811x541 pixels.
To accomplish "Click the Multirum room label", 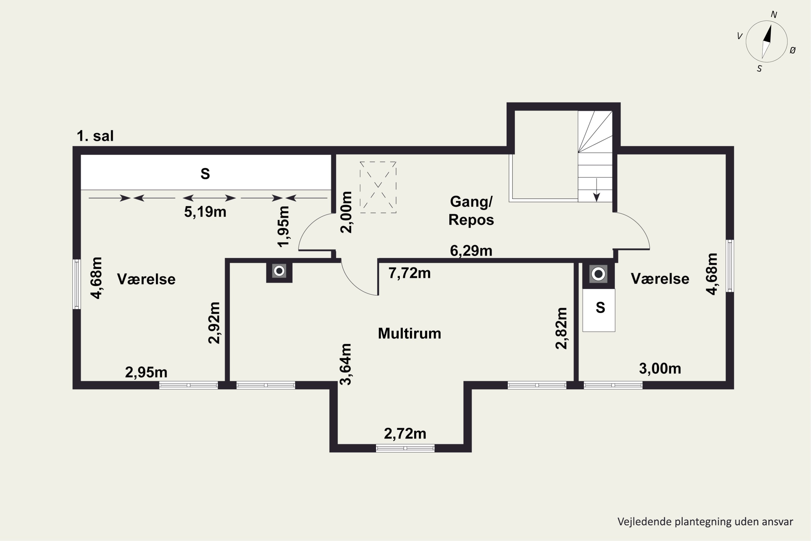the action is click(409, 334).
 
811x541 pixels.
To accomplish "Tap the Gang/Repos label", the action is click(471, 210).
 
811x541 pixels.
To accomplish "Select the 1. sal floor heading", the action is click(95, 136).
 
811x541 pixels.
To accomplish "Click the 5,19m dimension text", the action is click(205, 212).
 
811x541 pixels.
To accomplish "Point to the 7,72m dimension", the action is click(410, 273).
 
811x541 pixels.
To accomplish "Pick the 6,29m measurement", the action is click(471, 251).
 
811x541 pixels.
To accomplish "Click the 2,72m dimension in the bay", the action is click(405, 434).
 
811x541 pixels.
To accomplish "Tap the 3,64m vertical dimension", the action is click(345, 364).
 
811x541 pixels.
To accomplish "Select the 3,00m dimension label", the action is click(660, 368).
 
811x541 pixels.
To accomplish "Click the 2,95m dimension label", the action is click(146, 372).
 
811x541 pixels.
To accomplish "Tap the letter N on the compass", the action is click(774, 15).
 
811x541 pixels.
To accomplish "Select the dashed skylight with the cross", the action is click(378, 187).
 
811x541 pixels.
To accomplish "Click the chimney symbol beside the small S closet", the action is click(598, 274).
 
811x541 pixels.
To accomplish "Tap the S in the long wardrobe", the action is click(205, 174).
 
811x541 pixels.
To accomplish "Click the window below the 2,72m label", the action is click(405, 448).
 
